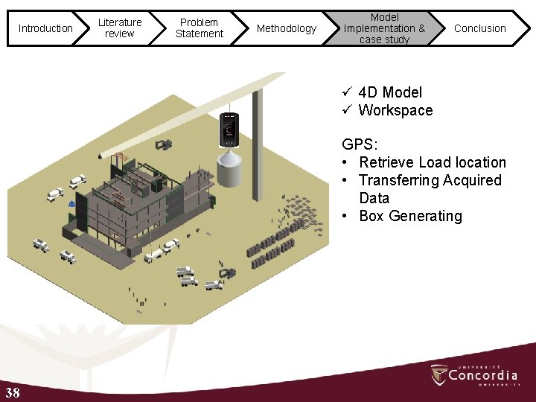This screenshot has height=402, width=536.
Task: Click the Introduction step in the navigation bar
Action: pos(45,28)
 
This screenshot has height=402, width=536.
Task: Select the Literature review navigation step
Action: pos(120,28)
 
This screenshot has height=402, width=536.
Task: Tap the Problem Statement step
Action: pos(199,28)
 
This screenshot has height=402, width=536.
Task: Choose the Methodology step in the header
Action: pos(287,28)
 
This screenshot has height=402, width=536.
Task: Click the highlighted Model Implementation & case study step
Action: pos(384,28)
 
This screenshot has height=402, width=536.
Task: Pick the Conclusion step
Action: pos(480,28)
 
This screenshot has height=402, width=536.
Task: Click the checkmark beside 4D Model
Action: pos(347,92)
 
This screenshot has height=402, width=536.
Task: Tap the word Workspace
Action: pos(395,110)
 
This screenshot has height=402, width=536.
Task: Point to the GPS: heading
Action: pos(360,144)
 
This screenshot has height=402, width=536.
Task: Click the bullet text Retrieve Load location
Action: pos(433,162)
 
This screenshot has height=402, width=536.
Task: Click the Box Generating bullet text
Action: pos(410,216)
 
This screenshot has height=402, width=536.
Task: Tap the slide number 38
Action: pos(13,393)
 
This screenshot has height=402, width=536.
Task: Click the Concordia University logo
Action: pos(474,375)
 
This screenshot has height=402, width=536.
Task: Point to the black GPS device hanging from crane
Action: pos(229,130)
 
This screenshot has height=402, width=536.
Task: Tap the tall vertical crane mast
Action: pos(257,145)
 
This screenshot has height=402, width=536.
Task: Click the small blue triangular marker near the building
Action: pos(71,204)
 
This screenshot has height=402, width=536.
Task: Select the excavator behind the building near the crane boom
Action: pos(164,145)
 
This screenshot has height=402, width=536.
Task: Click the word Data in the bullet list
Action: pos(374,198)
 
